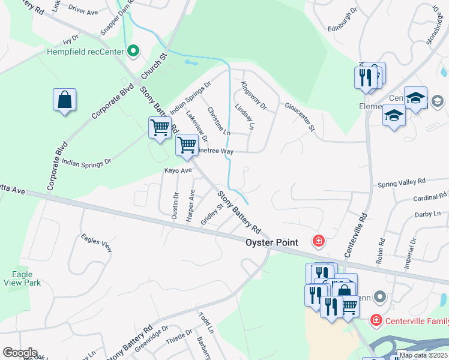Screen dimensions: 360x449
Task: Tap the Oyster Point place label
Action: (271, 242)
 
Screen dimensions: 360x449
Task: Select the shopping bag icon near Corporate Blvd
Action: (65, 100)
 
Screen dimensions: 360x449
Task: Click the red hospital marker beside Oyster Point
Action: (318, 241)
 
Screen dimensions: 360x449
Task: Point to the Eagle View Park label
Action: (22, 278)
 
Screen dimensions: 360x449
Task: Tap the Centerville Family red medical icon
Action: (376, 320)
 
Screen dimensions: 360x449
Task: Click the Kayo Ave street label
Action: (178, 170)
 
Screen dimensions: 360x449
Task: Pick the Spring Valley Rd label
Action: (401, 181)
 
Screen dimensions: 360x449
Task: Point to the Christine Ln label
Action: (218, 120)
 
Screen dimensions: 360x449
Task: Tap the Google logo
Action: (20, 353)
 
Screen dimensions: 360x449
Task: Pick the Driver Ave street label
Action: (83, 11)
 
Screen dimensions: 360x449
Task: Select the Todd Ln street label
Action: (205, 322)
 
